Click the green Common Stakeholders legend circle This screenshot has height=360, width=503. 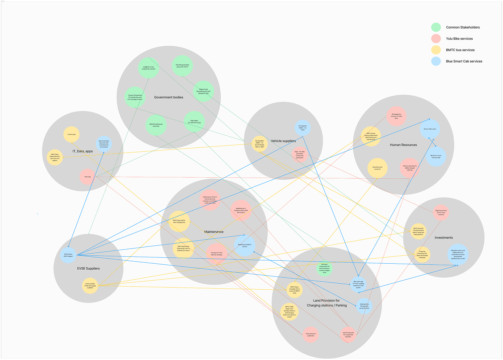436,27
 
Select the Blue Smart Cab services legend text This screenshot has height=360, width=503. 464,61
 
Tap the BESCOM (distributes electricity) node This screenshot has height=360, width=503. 156,125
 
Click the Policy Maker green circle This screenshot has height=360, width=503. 194,122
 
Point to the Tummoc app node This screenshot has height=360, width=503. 71,135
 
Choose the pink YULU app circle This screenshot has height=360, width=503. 88,177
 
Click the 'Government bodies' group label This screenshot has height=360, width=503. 169,97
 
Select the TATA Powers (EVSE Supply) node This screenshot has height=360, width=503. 68,255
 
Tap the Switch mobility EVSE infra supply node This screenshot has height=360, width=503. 90,286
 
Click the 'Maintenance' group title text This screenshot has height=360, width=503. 214,232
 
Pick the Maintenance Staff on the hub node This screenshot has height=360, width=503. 245,246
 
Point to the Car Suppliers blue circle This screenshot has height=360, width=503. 303,128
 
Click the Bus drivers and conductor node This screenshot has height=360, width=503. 377,168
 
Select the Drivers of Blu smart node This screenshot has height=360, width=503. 430,129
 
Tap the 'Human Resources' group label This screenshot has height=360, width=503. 403,145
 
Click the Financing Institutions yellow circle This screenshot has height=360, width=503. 422,254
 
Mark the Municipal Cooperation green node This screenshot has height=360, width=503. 324,268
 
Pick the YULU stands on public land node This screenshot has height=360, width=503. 310,334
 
